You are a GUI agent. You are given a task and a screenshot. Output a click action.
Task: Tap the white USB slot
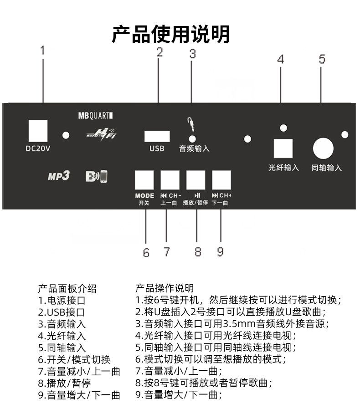pyautogui.click(x=157, y=136)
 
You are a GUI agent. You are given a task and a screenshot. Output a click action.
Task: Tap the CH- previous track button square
pyautogui.click(x=170, y=180)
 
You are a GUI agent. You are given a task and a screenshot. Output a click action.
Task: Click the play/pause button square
pyautogui.click(x=196, y=180)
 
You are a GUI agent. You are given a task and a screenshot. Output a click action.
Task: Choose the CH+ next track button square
pyautogui.click(x=222, y=180)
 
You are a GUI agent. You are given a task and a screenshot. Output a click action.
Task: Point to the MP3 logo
pyautogui.click(x=58, y=176)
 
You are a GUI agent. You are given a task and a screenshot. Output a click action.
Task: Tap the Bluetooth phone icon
pyautogui.click(x=97, y=176)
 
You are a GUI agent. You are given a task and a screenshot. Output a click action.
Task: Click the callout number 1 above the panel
pyautogui.click(x=43, y=50)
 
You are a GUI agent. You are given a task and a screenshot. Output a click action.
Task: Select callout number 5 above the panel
pyautogui.click(x=322, y=59)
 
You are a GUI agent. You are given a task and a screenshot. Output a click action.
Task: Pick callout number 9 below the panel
pyautogui.click(x=220, y=251)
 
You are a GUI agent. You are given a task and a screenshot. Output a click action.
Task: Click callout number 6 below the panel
pyautogui.click(x=146, y=252)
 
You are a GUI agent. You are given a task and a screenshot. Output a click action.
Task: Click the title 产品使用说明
pyautogui.click(x=171, y=34)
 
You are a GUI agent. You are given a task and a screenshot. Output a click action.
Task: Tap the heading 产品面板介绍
pyautogui.click(x=67, y=288)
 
